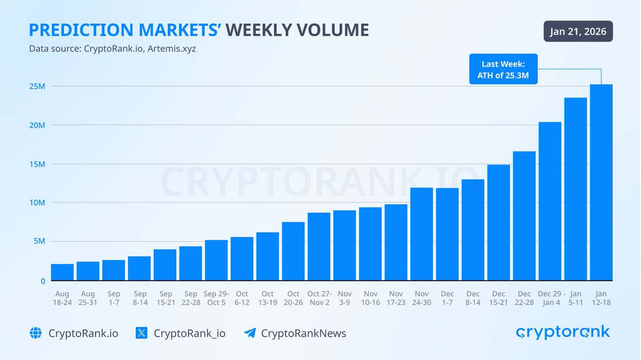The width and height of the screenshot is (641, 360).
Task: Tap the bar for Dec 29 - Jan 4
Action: (550, 201)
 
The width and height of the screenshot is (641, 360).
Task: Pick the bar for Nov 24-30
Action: (421, 234)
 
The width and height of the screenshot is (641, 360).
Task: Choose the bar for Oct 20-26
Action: (293, 251)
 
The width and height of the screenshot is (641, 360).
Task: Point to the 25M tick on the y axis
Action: (37, 87)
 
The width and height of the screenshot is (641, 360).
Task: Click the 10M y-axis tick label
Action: (37, 203)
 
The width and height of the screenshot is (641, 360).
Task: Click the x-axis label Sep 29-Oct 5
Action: (216, 298)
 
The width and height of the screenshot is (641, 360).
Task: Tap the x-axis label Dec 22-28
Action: (524, 298)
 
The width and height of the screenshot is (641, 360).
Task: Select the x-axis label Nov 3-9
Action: (345, 298)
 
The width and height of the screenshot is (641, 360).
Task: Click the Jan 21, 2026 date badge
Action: (578, 32)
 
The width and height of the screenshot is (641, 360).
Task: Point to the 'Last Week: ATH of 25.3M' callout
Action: (503, 69)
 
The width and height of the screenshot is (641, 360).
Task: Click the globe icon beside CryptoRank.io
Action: (35, 333)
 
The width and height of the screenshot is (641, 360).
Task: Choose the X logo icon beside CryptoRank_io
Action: (141, 333)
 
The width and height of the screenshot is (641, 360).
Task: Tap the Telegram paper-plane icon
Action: (249, 333)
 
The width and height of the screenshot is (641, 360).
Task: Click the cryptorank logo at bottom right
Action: (563, 332)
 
